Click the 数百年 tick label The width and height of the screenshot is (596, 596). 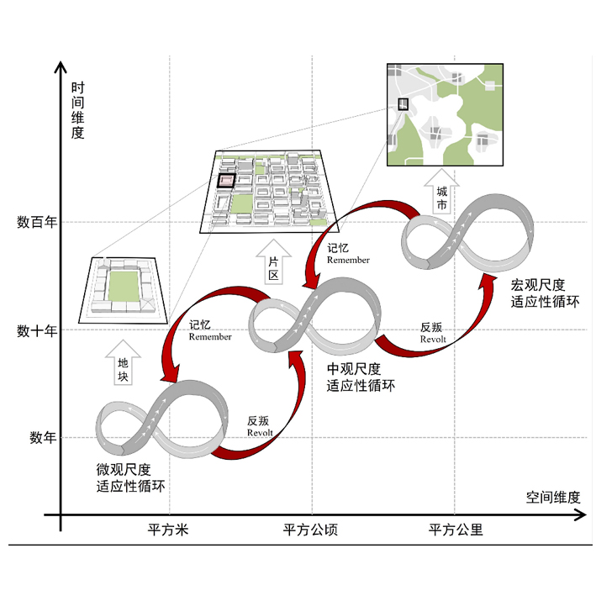point(37,222)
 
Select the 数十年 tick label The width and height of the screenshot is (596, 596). point(37,330)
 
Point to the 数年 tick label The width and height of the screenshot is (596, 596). point(44,437)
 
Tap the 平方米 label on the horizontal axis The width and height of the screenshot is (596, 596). point(168,530)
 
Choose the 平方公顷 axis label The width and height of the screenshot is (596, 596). point(310,530)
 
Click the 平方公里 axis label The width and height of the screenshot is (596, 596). point(456,530)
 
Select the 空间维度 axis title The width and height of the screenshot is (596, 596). point(553,497)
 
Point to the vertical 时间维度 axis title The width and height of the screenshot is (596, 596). point(77,110)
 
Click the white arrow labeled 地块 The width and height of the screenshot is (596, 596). point(123,363)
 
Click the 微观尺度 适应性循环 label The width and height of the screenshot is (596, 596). point(130,478)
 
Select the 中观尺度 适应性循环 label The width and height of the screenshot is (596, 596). point(361,377)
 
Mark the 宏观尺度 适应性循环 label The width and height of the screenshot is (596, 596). point(545,293)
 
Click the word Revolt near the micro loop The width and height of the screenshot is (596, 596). point(260,433)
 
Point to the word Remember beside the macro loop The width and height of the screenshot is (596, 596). point(348,260)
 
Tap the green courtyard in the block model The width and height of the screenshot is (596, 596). point(124,286)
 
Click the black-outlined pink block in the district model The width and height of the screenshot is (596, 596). point(226,180)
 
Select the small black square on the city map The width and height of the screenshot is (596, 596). point(403,104)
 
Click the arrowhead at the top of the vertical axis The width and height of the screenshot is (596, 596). point(61,67)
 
